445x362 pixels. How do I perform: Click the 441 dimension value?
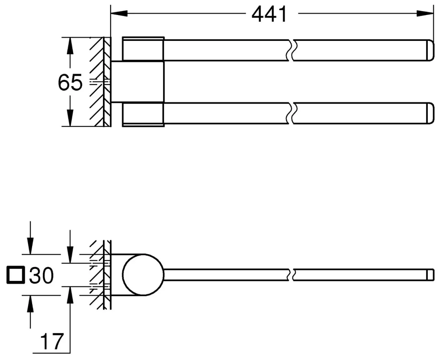(x=269, y=14)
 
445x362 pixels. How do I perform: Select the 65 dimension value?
(x=70, y=82)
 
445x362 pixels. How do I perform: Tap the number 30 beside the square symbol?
(x=41, y=275)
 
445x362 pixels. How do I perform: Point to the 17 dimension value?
(x=52, y=342)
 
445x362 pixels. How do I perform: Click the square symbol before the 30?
(x=15, y=275)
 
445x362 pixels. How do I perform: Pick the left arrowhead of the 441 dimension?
(x=119, y=13)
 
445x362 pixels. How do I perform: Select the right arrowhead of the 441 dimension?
(x=425, y=13)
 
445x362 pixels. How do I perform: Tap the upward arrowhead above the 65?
(x=70, y=45)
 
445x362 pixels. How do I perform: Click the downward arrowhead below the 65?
(x=70, y=118)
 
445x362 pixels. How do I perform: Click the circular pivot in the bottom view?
(x=143, y=275)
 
